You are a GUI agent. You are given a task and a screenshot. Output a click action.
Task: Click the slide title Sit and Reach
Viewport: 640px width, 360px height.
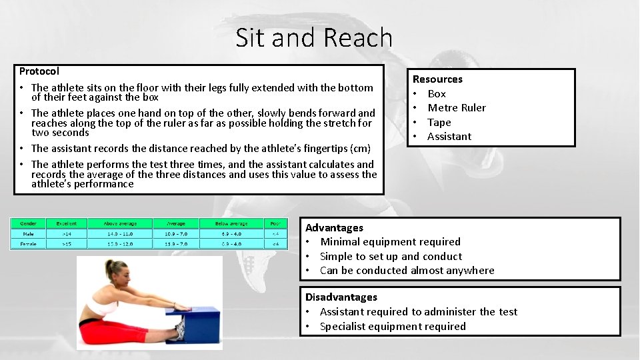click(314, 38)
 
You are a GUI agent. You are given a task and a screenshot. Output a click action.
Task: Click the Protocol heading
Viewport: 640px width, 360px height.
click(39, 71)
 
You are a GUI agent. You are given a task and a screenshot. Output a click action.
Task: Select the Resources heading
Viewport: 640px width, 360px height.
click(437, 79)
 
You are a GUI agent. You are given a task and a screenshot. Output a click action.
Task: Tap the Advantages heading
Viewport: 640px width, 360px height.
click(334, 228)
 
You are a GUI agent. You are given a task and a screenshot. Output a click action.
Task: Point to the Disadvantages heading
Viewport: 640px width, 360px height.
click(341, 297)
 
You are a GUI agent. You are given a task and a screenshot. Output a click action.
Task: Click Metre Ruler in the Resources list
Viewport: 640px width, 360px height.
click(457, 108)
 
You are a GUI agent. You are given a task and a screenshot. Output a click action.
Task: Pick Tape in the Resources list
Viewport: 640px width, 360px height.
click(439, 123)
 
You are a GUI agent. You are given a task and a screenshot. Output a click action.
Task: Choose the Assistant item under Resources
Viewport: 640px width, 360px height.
click(449, 137)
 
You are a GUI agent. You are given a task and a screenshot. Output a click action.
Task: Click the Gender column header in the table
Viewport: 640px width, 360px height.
click(29, 224)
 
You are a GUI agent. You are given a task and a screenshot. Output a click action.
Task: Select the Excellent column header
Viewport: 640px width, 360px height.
click(67, 224)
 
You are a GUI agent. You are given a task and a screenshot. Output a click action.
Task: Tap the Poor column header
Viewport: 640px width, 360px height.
click(275, 224)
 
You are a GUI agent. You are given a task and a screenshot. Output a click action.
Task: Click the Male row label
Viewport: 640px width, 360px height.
click(29, 234)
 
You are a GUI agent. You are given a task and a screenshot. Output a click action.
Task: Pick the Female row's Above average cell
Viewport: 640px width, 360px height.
click(119, 244)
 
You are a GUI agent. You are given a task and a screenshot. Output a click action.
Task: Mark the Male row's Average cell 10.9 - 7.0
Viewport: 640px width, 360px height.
click(176, 234)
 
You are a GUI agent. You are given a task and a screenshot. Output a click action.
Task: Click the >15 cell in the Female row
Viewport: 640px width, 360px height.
click(67, 244)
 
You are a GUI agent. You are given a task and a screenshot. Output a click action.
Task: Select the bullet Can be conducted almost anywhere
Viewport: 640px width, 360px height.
click(407, 271)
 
